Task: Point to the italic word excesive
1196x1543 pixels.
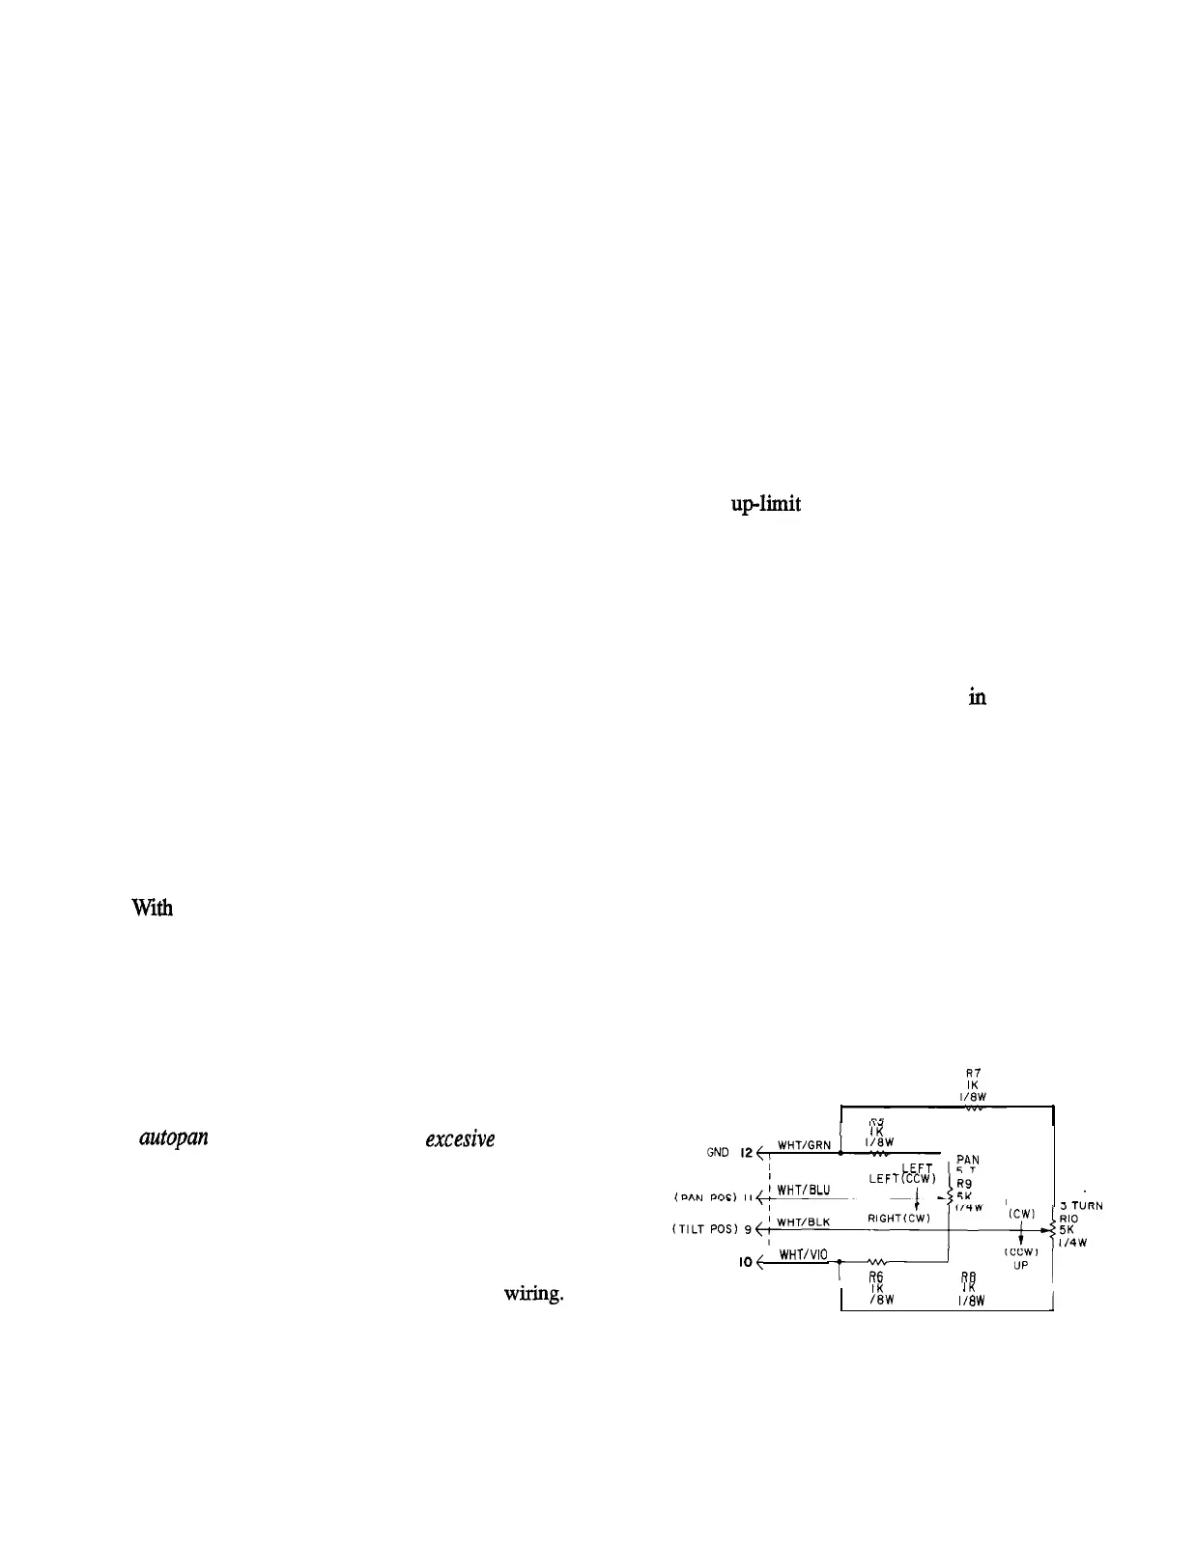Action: pos(460,1139)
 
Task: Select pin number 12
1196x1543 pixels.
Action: pos(746,1153)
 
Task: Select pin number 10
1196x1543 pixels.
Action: pos(746,1261)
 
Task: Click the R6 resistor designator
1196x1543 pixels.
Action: pos(876,1276)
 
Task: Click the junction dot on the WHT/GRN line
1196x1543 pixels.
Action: pos(841,1153)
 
